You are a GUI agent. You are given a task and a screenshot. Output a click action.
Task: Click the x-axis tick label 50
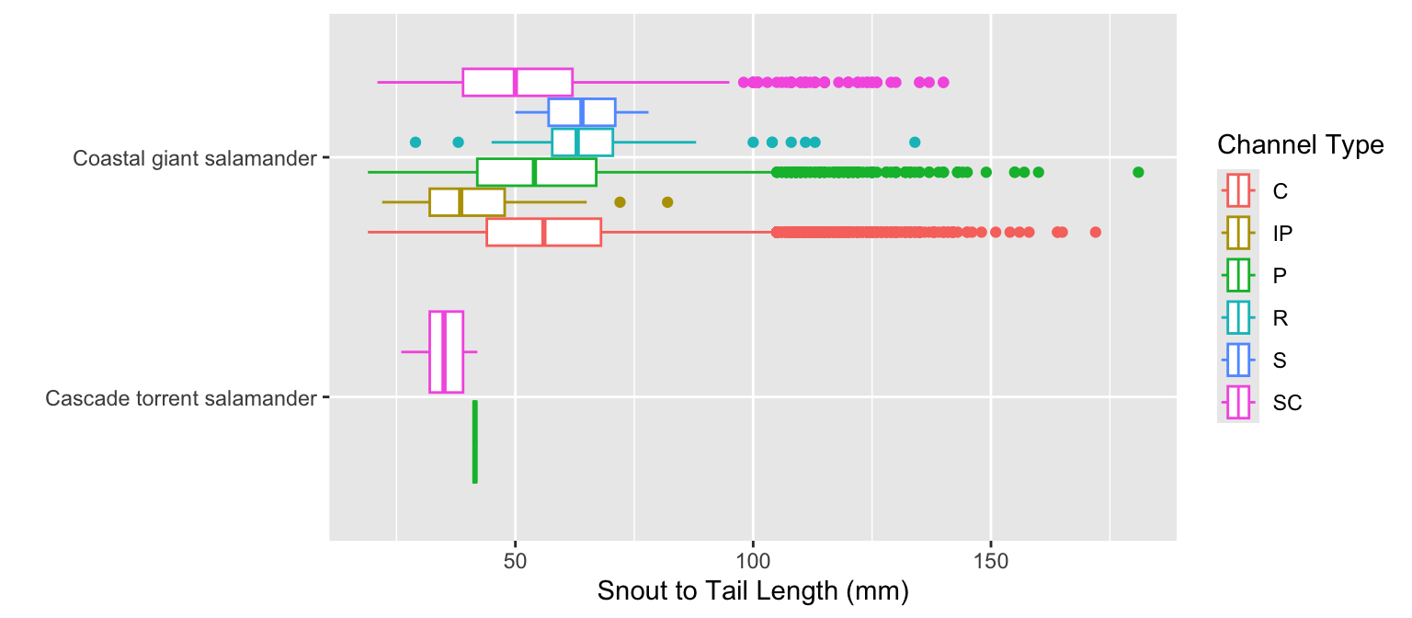pos(515,559)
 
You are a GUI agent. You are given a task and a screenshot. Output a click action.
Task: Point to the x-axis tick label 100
pos(753,559)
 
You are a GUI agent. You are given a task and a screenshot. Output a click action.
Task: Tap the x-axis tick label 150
pos(990,559)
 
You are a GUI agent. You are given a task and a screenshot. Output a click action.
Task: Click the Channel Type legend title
pos(1300,145)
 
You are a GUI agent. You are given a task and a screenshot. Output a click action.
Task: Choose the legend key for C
pos(1238,190)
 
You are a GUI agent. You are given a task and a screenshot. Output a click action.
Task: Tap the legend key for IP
pos(1238,233)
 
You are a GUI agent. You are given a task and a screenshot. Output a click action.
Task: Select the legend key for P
pos(1238,275)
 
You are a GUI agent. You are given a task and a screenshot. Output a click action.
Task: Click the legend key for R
pos(1238,317)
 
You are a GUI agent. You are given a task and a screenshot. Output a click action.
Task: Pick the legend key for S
pos(1238,360)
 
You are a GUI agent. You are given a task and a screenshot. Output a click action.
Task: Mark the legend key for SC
pos(1238,402)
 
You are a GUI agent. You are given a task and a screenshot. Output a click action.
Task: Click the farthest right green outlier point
pos(1138,172)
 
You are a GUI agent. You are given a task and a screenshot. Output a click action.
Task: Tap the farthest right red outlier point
pos(1095,232)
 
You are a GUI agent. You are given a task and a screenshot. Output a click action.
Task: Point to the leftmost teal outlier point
pos(415,142)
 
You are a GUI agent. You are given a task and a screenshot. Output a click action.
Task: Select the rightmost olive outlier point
pos(667,201)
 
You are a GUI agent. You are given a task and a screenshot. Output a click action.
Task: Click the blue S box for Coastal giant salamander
pos(582,112)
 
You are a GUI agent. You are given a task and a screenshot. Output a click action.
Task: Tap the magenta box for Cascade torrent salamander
pos(446,352)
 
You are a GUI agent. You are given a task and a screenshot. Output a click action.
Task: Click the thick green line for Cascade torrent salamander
pos(474,441)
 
